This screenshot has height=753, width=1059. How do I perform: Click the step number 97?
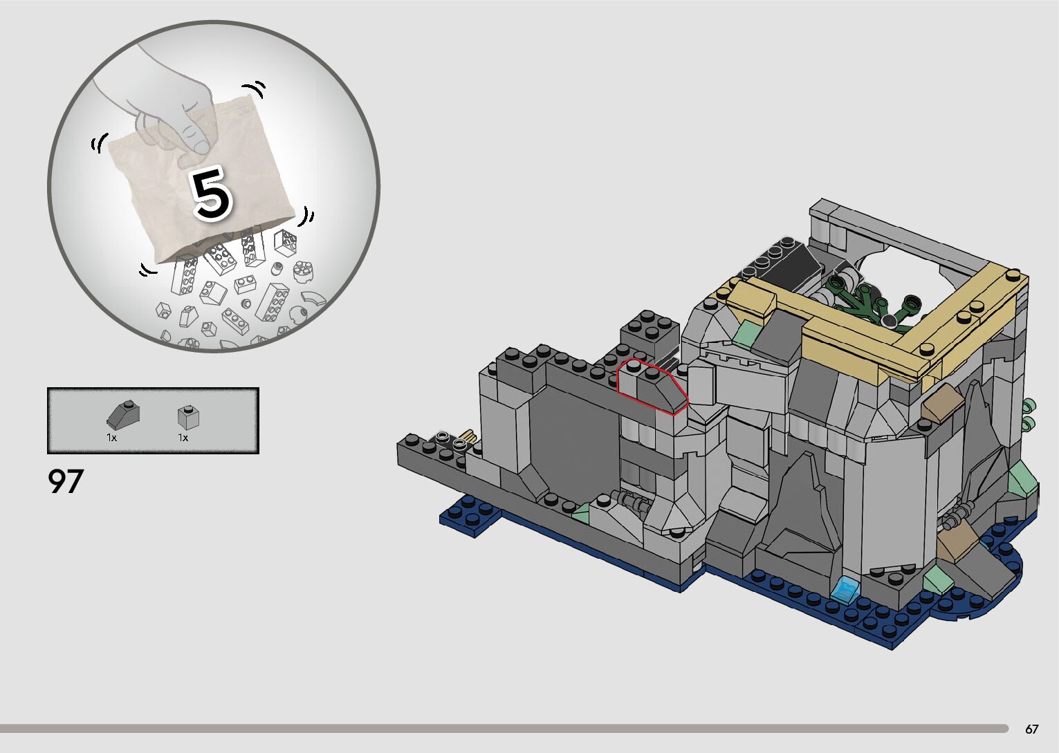(66, 481)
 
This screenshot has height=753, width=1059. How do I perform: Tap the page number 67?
(1031, 729)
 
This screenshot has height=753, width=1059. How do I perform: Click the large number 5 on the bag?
(211, 194)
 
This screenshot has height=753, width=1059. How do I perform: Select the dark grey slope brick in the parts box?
(123, 413)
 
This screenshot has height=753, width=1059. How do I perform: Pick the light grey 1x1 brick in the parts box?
(188, 417)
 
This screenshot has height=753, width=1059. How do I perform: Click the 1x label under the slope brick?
(111, 438)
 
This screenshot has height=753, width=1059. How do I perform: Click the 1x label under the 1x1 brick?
(183, 438)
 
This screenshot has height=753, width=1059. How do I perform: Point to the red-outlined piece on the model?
(652, 387)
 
